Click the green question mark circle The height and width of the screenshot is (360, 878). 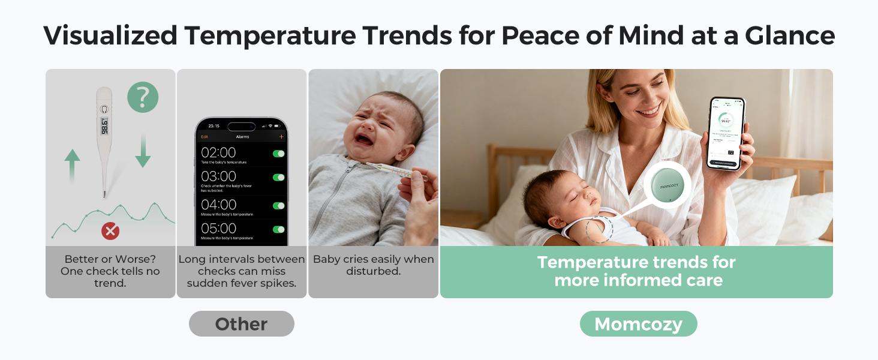(x=143, y=97)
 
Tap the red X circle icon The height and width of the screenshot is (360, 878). (x=110, y=230)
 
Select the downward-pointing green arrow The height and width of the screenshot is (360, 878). (x=143, y=151)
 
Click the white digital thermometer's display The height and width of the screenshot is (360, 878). (x=104, y=125)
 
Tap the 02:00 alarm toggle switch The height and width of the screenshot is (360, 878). (x=278, y=154)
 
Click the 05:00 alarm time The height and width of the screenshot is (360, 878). (x=218, y=229)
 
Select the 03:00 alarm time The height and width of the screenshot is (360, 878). (x=218, y=176)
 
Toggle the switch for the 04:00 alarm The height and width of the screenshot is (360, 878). (x=278, y=205)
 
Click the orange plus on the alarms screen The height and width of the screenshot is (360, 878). (x=281, y=137)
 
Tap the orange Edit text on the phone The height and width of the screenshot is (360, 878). (x=205, y=137)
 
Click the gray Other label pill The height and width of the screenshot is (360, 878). (x=241, y=324)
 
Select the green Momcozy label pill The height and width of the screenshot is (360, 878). (x=638, y=324)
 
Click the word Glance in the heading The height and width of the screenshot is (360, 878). (x=790, y=35)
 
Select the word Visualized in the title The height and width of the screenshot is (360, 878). (x=110, y=35)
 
